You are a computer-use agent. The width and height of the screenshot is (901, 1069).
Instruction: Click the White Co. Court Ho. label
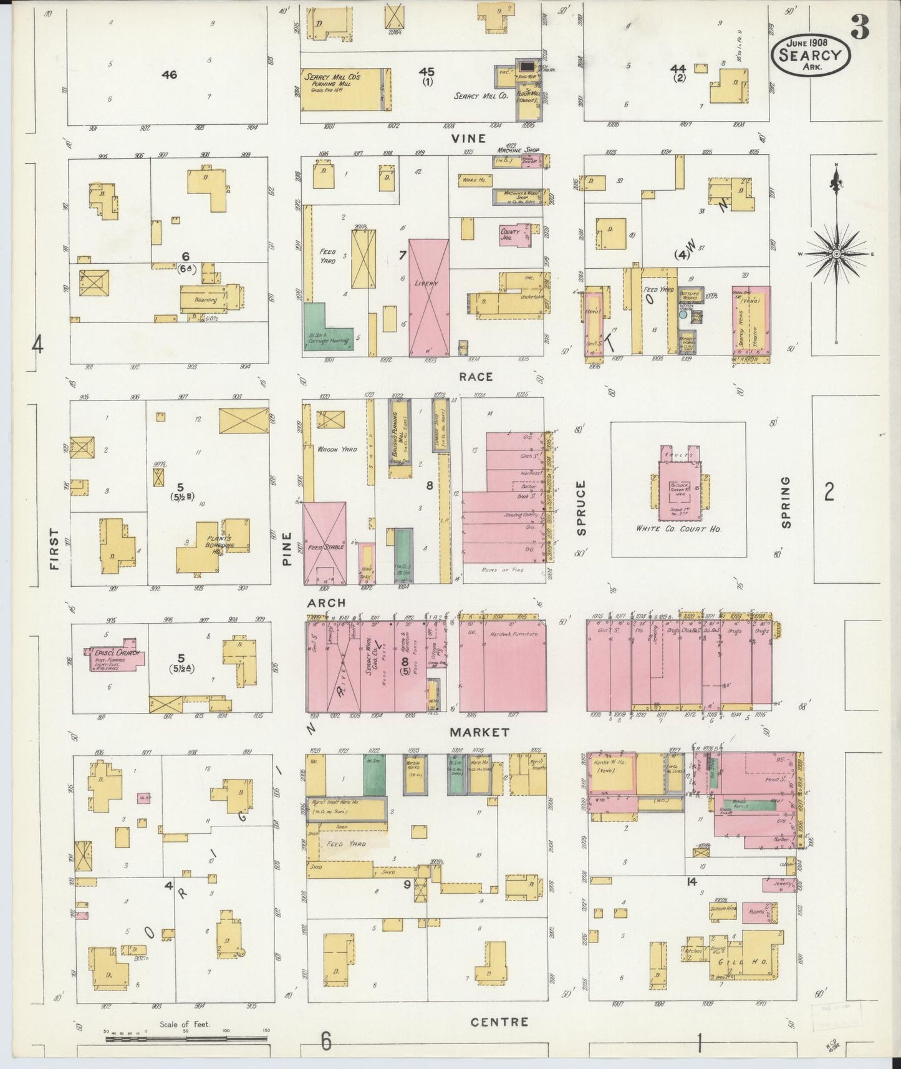point(678,529)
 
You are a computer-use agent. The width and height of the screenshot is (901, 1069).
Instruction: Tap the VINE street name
point(468,138)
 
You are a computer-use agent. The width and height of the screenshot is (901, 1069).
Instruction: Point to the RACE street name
point(476,377)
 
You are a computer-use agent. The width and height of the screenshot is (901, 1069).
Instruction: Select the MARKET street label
point(480,732)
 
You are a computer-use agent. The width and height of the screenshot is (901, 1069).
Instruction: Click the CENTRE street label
point(499,1022)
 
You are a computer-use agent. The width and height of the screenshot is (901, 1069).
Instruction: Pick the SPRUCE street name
point(582,508)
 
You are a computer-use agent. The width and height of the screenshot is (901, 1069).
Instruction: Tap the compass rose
point(836,254)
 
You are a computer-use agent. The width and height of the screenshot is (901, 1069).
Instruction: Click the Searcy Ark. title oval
point(810,55)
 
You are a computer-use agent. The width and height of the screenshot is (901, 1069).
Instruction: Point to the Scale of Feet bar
point(186,1039)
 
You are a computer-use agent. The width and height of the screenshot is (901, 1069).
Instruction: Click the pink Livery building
point(429,297)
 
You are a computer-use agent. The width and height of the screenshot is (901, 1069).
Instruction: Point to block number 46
point(169,75)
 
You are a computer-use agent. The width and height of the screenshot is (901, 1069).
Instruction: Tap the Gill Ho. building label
point(746,962)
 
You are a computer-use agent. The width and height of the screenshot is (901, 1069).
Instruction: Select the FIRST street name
point(55,549)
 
